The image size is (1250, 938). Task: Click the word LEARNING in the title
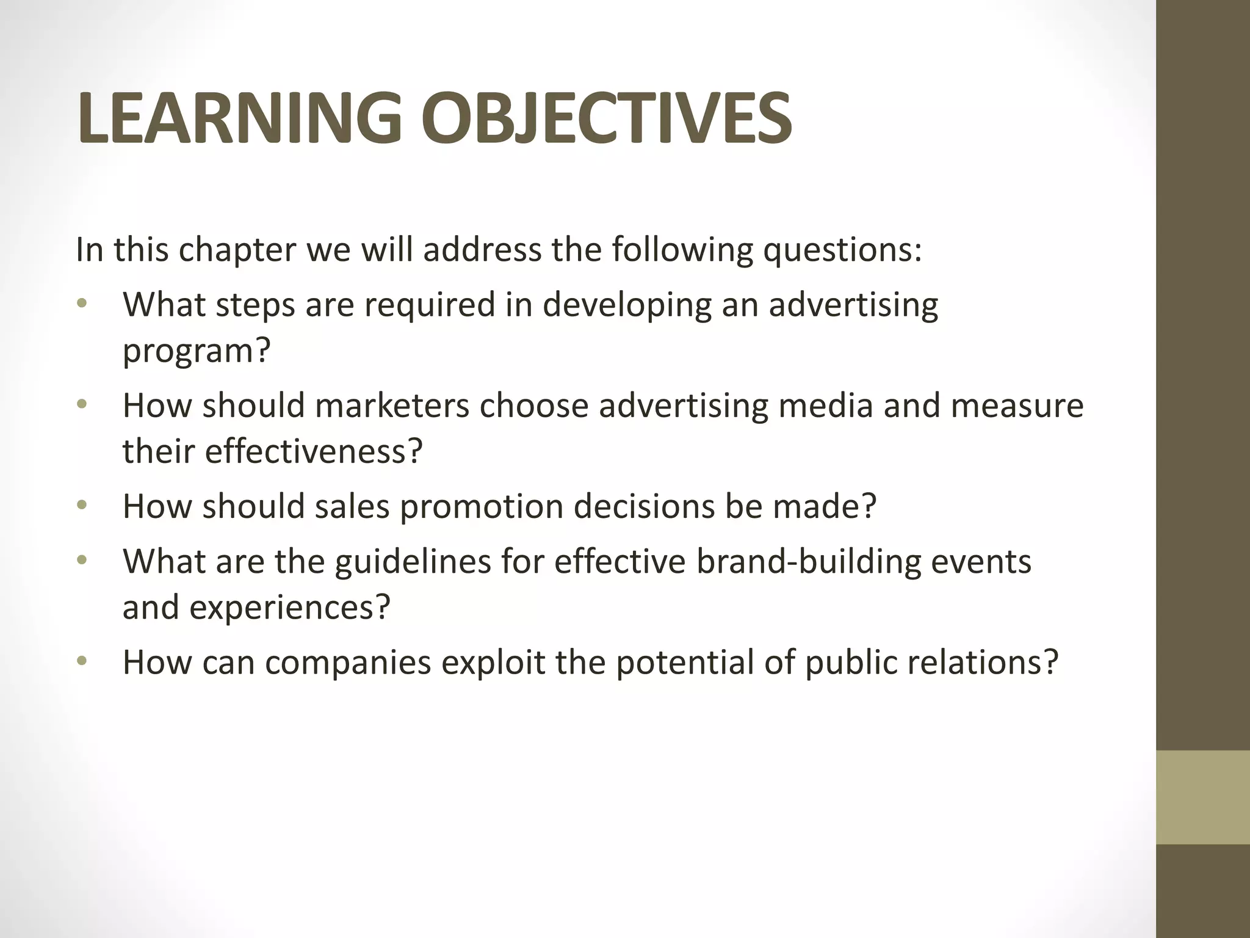(x=239, y=118)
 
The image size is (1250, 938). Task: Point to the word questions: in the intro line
(x=842, y=250)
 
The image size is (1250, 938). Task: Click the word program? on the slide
(x=196, y=351)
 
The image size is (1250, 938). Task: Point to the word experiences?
(x=289, y=607)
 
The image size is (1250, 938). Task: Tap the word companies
(x=348, y=662)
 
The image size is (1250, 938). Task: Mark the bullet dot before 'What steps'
(x=82, y=304)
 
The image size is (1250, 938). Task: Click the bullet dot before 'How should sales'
(x=82, y=506)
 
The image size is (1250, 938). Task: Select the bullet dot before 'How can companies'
(x=82, y=661)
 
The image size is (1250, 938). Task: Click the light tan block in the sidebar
(x=1202, y=797)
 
